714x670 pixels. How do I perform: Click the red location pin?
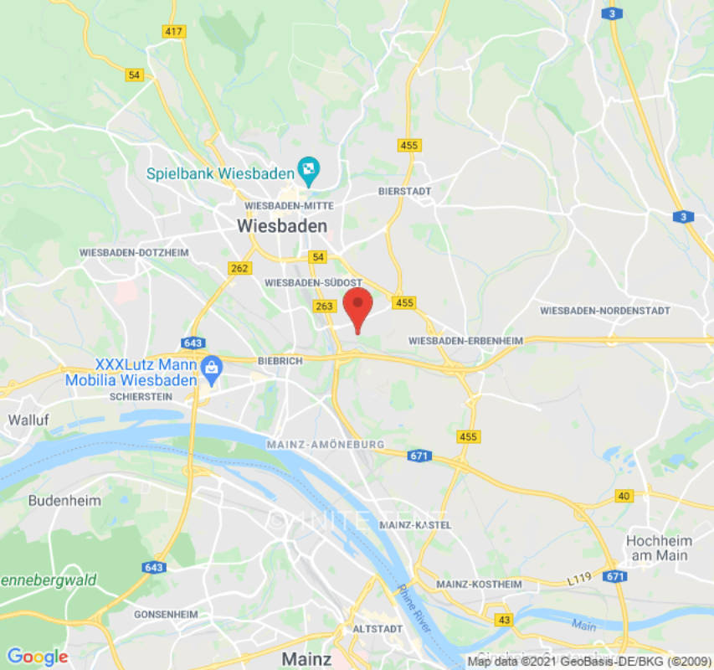click(x=358, y=307)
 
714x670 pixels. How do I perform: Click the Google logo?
click(x=37, y=657)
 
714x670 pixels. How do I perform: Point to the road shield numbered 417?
click(x=174, y=31)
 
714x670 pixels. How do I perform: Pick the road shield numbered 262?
click(x=239, y=268)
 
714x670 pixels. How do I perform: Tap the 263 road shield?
click(x=324, y=307)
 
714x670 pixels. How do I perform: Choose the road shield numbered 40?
click(x=623, y=496)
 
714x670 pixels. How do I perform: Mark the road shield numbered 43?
click(x=503, y=619)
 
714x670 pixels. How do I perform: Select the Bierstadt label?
click(x=404, y=191)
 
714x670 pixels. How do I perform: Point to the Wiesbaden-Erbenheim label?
click(x=465, y=341)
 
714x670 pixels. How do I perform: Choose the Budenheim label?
click(x=64, y=501)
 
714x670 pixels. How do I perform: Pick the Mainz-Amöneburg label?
click(x=325, y=444)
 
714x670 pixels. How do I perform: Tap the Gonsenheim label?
click(x=165, y=614)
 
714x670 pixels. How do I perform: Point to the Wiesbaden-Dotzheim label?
click(x=134, y=252)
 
